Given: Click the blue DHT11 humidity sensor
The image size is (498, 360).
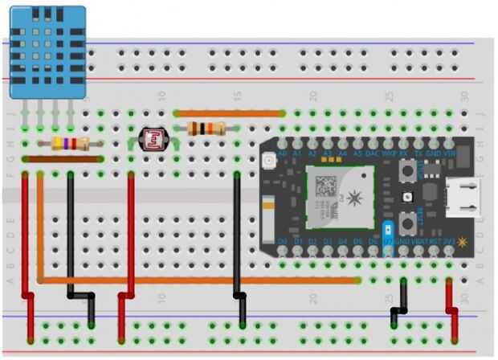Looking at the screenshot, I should click(x=47, y=53).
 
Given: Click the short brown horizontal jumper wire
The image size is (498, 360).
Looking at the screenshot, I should click(x=63, y=159).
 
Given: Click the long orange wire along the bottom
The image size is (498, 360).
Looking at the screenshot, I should click(x=201, y=280).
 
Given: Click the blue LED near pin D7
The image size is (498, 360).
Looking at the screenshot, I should click(x=389, y=229).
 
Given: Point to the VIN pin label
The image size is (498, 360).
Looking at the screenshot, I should click(x=449, y=152).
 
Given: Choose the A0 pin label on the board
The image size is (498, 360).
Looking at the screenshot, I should click(x=283, y=152).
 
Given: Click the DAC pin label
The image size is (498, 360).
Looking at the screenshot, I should click(x=373, y=152).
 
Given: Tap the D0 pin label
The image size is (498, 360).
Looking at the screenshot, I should click(x=283, y=241).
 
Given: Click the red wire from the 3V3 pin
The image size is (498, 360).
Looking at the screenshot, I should click(x=451, y=309).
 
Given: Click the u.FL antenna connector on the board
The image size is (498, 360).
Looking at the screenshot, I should click(x=269, y=163).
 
